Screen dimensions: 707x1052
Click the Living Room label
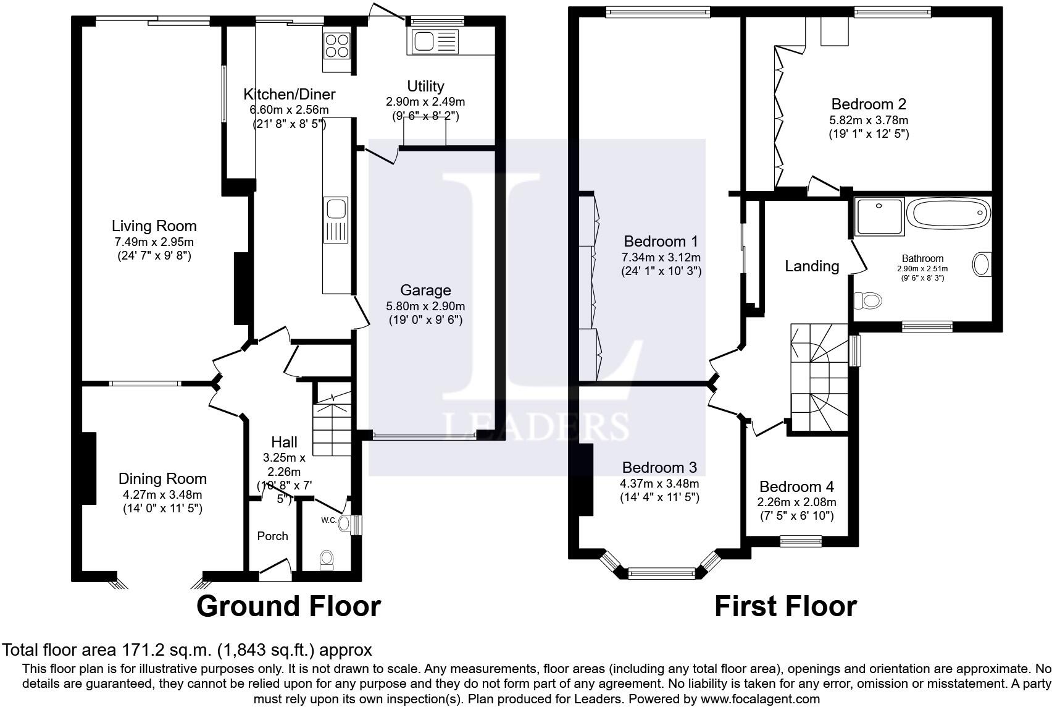click(154, 226)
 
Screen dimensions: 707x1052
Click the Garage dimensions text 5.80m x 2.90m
click(425, 306)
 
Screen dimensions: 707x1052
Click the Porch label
click(272, 536)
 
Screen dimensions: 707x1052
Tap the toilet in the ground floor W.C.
click(327, 560)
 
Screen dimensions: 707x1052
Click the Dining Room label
click(162, 478)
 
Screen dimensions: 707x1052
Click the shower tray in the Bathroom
click(879, 216)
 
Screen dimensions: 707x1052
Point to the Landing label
click(812, 266)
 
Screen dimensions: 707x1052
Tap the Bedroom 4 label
click(796, 486)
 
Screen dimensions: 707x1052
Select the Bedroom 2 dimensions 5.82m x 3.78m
click(869, 120)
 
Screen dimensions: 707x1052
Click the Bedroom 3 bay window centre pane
click(661, 574)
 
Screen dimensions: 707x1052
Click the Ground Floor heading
click(288, 606)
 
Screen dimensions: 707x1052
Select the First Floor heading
click(785, 606)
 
